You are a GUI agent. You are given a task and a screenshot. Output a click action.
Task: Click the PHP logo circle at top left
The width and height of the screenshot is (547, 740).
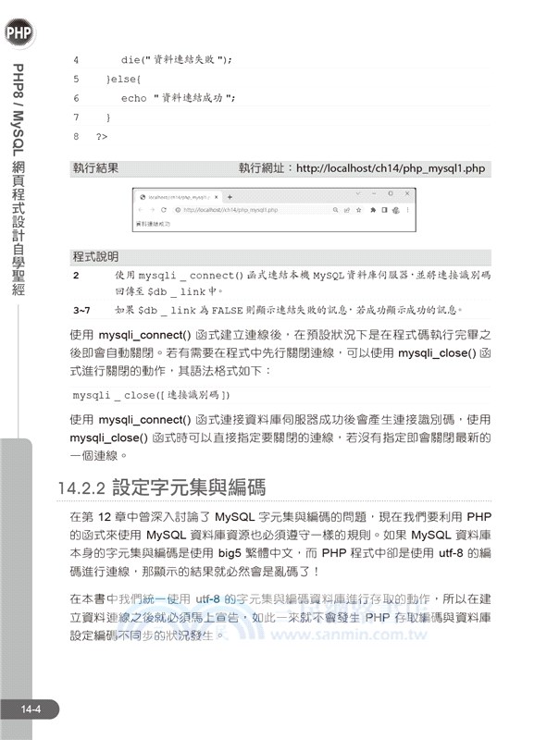pos(18,34)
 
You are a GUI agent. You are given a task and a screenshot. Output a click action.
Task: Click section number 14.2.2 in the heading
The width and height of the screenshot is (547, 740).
pos(81,487)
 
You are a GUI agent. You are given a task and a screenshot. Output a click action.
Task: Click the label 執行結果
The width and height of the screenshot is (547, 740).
pos(95,169)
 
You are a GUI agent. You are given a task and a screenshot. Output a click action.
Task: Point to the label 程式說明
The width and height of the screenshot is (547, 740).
pos(95,256)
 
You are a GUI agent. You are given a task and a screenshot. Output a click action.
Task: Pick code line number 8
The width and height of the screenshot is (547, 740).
pos(76,137)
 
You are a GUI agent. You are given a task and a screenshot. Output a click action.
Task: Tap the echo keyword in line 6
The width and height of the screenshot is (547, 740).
pos(134,98)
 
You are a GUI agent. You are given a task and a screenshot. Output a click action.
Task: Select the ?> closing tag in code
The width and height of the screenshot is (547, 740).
pos(102,137)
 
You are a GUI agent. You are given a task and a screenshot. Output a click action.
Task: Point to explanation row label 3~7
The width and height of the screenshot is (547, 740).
pos(81,310)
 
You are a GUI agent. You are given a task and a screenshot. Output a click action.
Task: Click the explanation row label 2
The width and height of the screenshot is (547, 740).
pos(76,276)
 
